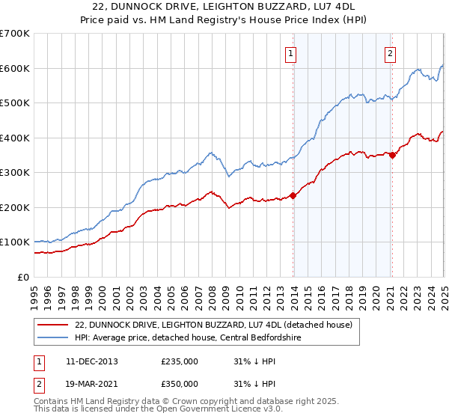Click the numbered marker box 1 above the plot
(290, 53)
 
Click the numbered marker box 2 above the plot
(391, 53)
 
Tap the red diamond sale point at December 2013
(293, 196)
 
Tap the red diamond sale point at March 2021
(392, 156)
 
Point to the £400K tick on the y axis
(15, 138)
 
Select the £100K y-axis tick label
(15, 242)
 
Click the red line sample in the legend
(52, 324)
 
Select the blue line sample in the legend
(52, 337)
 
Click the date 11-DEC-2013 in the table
(93, 361)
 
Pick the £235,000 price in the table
(180, 361)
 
